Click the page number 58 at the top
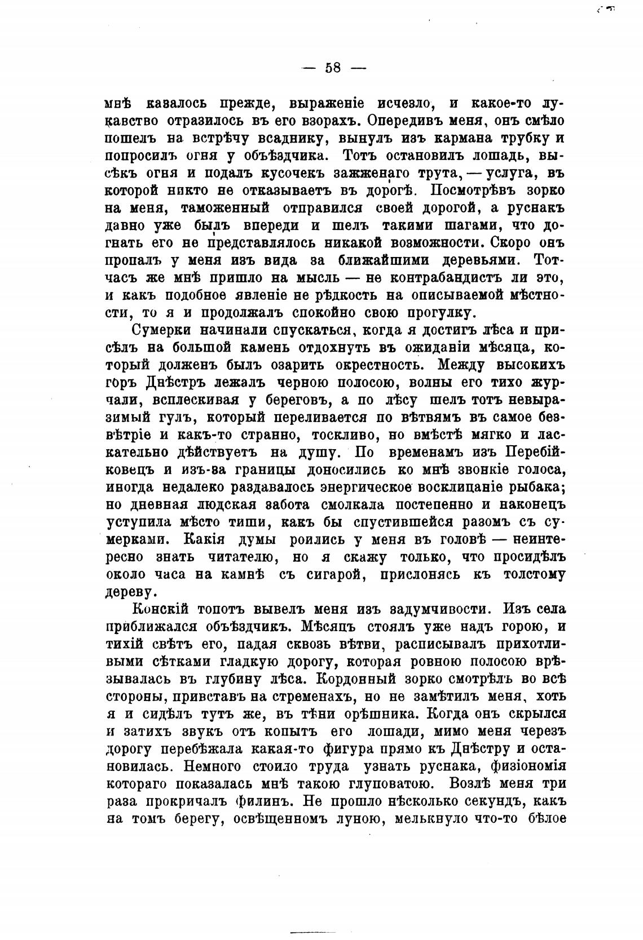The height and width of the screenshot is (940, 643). [333, 68]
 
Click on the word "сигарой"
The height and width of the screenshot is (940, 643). [322, 575]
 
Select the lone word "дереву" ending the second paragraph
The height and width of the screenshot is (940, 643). [130, 592]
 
